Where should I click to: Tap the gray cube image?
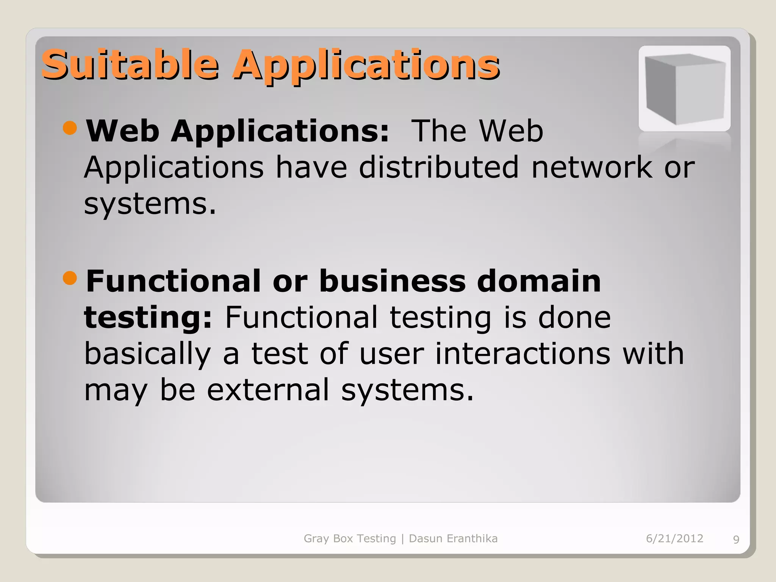tap(684, 89)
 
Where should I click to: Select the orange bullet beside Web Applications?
tap(70, 128)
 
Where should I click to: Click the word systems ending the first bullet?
tap(150, 204)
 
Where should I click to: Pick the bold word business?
tap(392, 281)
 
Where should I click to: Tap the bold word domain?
tap(539, 281)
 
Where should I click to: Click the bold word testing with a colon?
tap(148, 318)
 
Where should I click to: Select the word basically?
tap(147, 354)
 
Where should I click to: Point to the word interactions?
tap(523, 354)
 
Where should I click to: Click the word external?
tap(268, 390)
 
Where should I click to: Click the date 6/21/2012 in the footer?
tap(674, 538)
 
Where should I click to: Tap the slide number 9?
tap(736, 540)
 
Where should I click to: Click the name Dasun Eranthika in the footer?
tap(453, 538)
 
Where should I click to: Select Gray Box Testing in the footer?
tap(350, 538)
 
